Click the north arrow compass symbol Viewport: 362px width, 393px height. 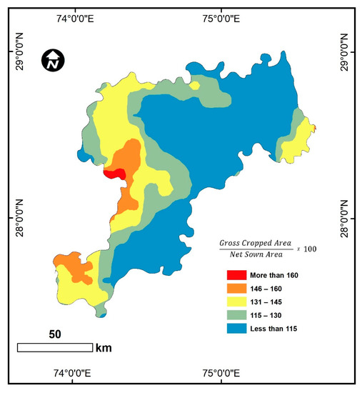tap(52, 61)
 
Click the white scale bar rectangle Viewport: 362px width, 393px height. tap(55, 347)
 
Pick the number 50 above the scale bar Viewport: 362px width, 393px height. tap(56, 334)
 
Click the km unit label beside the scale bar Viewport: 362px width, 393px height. tap(104, 348)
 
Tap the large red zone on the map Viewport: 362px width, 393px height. tap(115, 173)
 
